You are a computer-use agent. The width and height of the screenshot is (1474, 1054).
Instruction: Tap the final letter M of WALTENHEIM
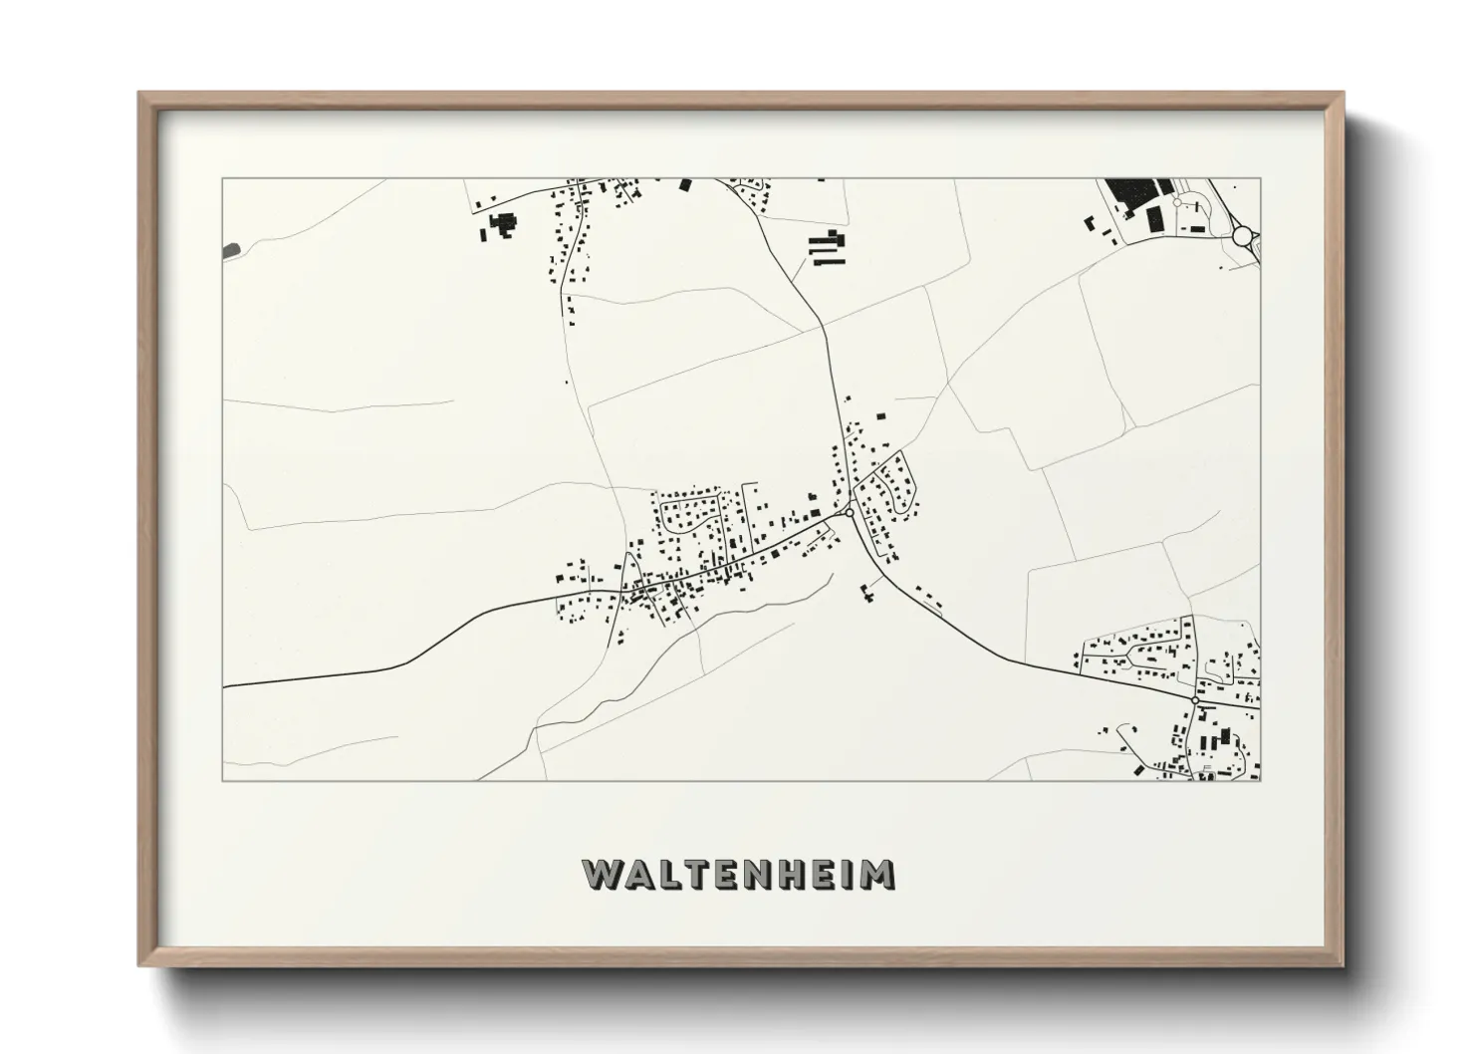[876, 874]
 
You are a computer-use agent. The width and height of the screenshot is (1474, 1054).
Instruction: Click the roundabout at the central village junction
[848, 512]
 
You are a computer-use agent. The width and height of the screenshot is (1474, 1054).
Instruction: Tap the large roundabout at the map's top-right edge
[1243, 236]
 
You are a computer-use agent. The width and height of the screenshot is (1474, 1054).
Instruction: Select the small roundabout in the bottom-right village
[1194, 700]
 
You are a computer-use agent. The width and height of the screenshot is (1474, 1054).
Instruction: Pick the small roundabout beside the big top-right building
[1177, 202]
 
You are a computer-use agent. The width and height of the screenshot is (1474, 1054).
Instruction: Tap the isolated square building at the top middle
[685, 184]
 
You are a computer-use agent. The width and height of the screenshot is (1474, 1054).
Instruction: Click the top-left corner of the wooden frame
[139, 93]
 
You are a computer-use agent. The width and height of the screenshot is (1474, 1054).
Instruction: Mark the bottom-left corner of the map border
[222, 781]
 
